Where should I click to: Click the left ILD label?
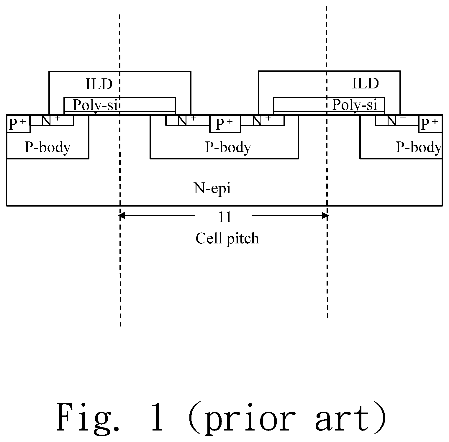click(99, 84)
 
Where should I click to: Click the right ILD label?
click(365, 83)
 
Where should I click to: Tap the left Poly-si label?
click(96, 105)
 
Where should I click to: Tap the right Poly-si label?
click(355, 105)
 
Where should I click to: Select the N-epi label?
click(212, 188)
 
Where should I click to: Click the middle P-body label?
click(228, 147)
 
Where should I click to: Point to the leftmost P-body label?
click(47, 147)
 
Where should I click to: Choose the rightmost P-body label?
click(419, 147)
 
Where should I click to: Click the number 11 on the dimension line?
click(225, 217)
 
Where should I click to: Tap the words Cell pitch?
click(227, 238)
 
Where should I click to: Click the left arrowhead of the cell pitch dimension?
click(121, 216)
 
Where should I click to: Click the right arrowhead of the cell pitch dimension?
click(325, 216)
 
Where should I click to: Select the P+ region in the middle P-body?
click(225, 124)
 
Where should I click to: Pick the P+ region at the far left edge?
click(18, 124)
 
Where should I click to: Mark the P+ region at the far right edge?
click(430, 124)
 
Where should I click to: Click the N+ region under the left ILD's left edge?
click(52, 120)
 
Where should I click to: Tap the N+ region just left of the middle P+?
click(188, 120)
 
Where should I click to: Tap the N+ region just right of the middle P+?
click(263, 120)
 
